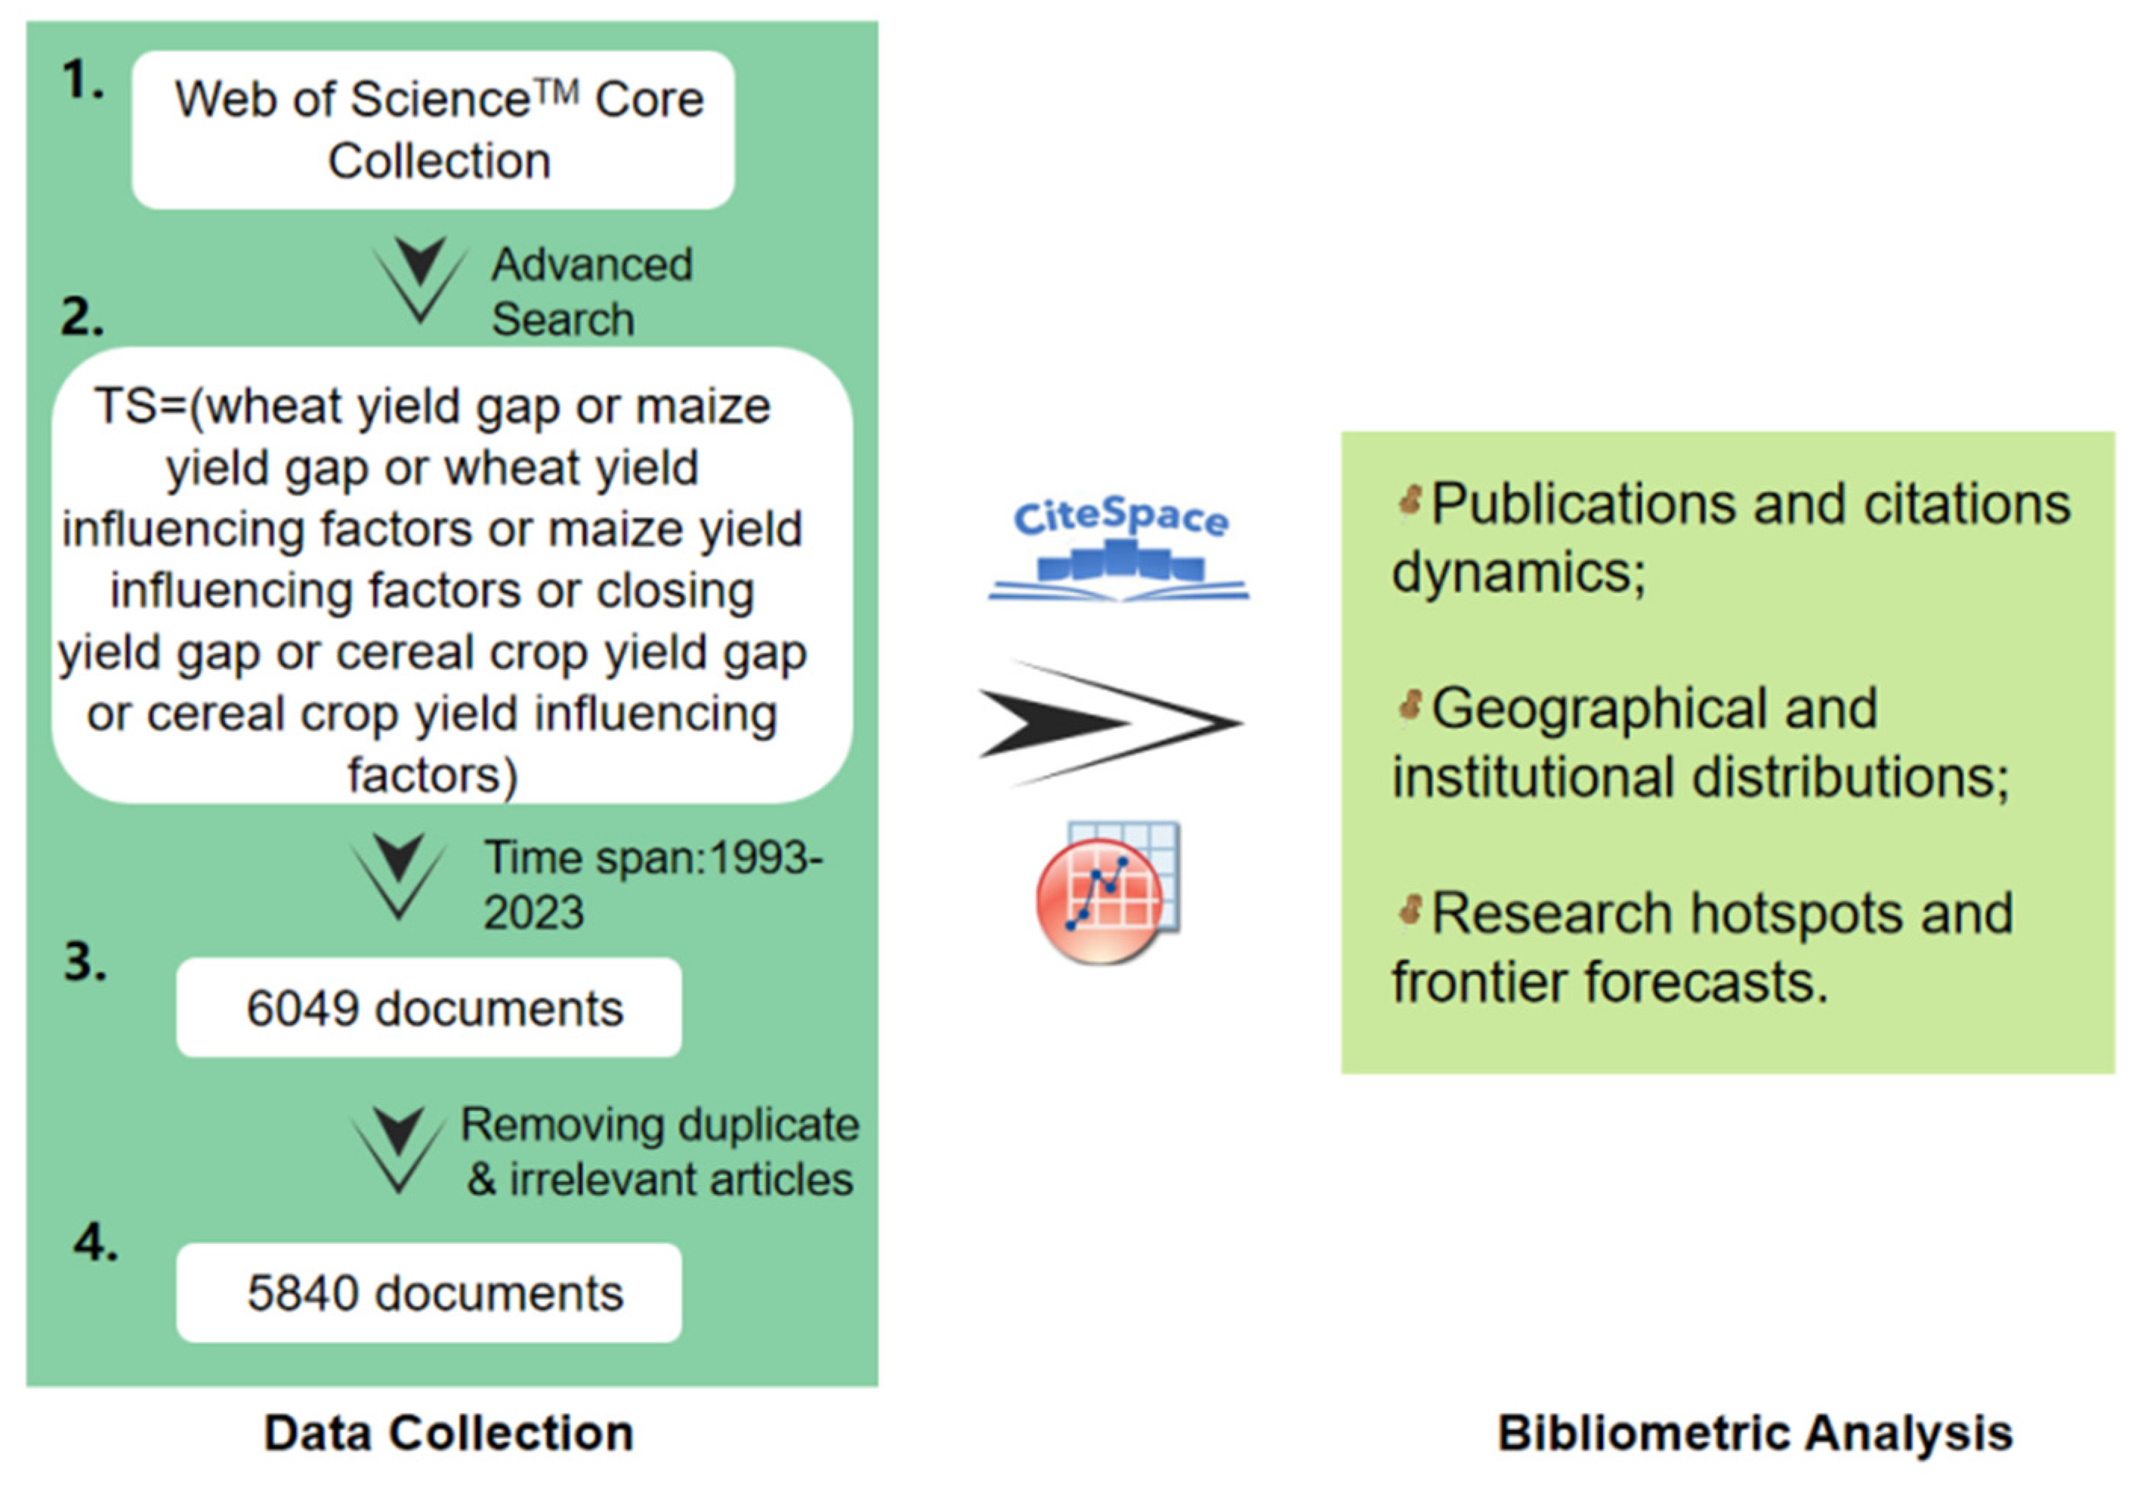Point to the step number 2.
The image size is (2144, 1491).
tap(82, 317)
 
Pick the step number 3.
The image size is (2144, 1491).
tap(84, 962)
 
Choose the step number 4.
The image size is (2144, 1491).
tap(95, 1242)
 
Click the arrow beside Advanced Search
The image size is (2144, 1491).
tap(419, 279)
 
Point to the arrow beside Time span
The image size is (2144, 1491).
tap(399, 875)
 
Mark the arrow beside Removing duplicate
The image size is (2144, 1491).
tap(399, 1150)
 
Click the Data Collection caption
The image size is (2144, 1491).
tap(448, 1432)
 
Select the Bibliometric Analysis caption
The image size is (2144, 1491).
tap(1755, 1432)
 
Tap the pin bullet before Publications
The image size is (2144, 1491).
tap(1409, 502)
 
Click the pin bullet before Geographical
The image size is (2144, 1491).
tap(1409, 705)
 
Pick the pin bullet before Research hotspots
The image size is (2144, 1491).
tap(1409, 910)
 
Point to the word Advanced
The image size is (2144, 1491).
tap(592, 264)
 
